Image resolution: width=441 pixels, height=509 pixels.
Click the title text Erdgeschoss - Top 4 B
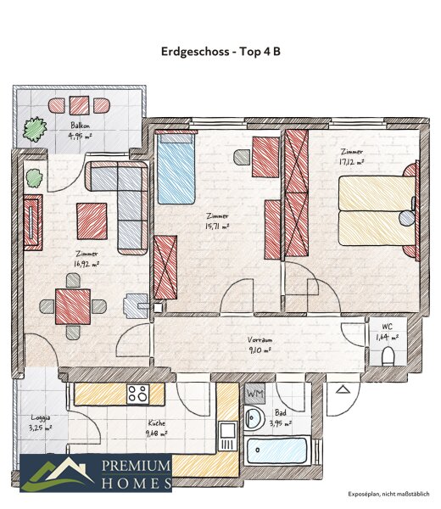pyautogui.click(x=220, y=52)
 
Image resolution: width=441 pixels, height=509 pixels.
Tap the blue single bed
pyautogui.click(x=176, y=168)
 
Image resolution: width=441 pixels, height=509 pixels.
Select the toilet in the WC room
pyautogui.click(x=388, y=356)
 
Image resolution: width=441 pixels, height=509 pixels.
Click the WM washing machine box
pyautogui.click(x=254, y=394)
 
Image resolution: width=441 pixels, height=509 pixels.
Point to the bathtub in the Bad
pyautogui.click(x=276, y=451)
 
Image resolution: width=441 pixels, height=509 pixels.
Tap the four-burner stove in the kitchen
pyautogui.click(x=138, y=394)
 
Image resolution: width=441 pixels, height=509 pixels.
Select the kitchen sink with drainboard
pyautogui.click(x=227, y=436)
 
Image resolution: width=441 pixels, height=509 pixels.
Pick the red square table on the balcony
pyautogui.click(x=79, y=105)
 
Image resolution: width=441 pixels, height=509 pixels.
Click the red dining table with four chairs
pyautogui.click(x=73, y=306)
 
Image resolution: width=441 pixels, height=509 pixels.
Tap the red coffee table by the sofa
pyautogui.click(x=92, y=221)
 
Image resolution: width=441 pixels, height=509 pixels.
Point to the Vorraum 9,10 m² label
pyautogui.click(x=260, y=344)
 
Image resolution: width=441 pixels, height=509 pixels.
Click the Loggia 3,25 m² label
pyautogui.click(x=40, y=422)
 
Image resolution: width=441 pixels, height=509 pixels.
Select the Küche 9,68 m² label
pyautogui.click(x=157, y=428)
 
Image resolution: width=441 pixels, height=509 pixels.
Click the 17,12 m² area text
pyautogui.click(x=351, y=162)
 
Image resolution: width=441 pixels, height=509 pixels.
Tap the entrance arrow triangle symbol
pyautogui.click(x=342, y=389)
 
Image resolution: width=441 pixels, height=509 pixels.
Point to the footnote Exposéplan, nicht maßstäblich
pyautogui.click(x=388, y=494)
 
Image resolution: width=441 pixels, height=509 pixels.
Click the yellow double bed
pyautogui.click(x=377, y=210)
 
